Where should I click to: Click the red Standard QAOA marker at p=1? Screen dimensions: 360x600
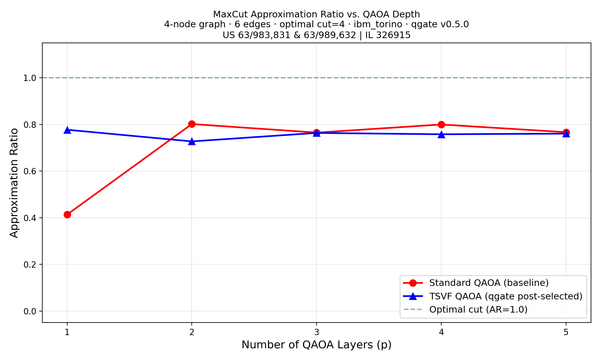click(67, 214)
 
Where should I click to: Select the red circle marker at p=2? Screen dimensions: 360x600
click(192, 124)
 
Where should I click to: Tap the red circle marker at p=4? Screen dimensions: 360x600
click(441, 124)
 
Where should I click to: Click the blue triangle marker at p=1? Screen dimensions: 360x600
click(67, 130)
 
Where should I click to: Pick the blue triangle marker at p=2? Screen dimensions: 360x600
click(192, 141)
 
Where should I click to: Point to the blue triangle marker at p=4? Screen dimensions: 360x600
click(441, 134)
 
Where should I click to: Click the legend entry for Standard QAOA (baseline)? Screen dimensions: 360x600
click(489, 283)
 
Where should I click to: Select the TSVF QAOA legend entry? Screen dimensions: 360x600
click(505, 296)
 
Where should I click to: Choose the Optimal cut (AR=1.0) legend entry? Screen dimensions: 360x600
click(478, 309)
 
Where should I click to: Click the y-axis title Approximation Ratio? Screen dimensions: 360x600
click(14, 183)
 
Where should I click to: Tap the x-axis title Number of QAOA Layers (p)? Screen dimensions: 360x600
click(316, 345)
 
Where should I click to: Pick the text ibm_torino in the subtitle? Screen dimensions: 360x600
click(378, 25)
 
